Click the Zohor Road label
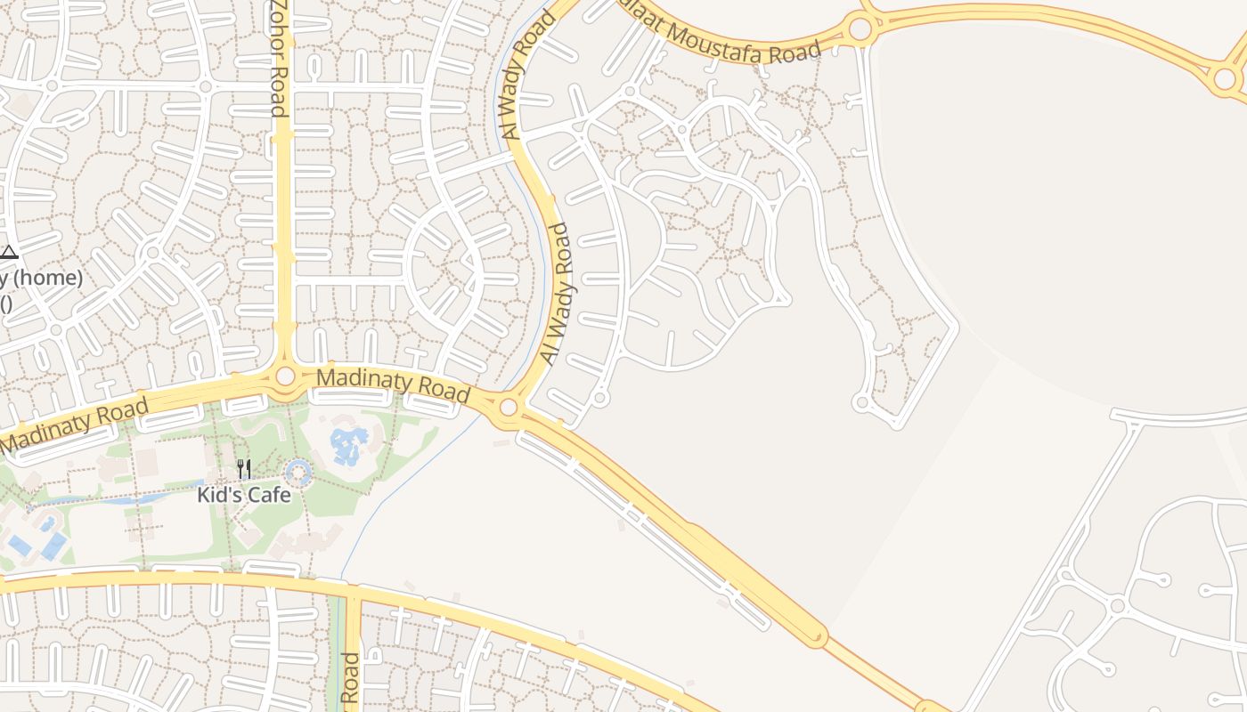278,59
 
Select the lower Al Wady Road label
555,294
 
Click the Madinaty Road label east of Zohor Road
393,384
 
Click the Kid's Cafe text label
244,495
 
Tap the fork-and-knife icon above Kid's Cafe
243,468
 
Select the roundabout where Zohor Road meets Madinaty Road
285,376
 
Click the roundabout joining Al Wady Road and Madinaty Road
509,408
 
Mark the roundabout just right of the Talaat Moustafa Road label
860,29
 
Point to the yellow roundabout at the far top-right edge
1226,79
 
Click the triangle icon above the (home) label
8,253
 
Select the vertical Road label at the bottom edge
350,681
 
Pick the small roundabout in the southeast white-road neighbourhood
1117,605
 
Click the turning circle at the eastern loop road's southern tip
860,403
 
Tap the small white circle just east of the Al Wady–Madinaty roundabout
600,398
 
